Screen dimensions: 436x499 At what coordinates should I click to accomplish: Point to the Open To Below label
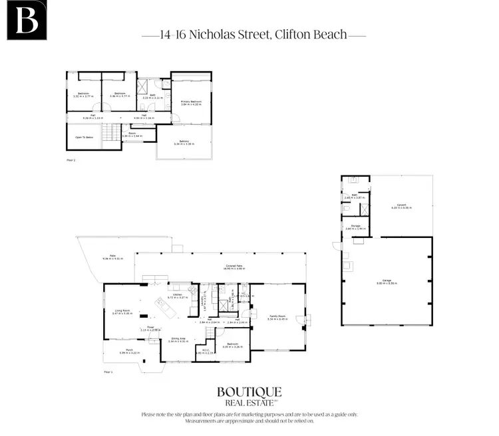tap(84, 138)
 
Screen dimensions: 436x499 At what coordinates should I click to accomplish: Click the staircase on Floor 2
tap(116, 134)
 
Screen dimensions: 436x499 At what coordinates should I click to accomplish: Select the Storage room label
tap(355, 226)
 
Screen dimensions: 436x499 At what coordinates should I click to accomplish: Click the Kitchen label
tap(177, 294)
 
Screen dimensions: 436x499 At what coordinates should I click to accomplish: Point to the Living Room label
tap(122, 310)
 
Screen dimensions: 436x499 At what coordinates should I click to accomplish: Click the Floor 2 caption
tap(71, 161)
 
